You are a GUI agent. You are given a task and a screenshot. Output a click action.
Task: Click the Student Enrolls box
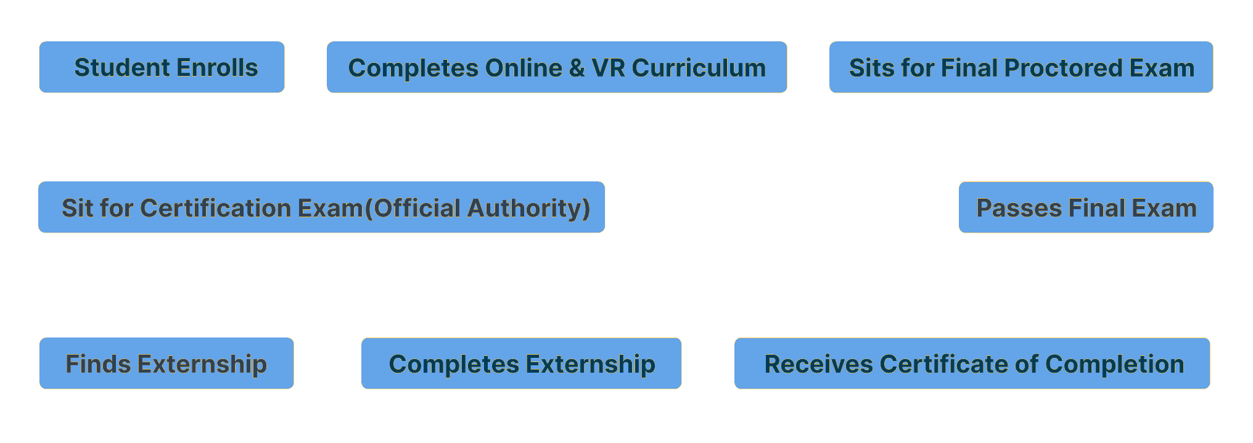162,67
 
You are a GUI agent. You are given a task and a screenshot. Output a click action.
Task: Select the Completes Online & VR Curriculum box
557,67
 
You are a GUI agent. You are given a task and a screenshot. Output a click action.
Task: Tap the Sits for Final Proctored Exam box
1021,67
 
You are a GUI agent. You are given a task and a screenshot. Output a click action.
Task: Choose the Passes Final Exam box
1086,207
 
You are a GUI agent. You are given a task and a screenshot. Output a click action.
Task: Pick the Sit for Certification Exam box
321,207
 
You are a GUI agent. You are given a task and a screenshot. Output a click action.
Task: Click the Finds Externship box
166,363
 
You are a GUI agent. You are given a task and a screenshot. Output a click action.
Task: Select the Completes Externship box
521,363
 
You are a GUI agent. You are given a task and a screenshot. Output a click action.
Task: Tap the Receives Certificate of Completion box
972,363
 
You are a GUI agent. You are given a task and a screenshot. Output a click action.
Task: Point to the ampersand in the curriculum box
577,68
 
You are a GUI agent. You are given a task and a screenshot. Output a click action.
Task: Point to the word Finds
98,364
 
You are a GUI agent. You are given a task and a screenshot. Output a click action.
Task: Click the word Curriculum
699,68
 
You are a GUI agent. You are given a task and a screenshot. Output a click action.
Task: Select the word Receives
819,364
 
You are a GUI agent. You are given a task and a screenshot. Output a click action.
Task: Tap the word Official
417,208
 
